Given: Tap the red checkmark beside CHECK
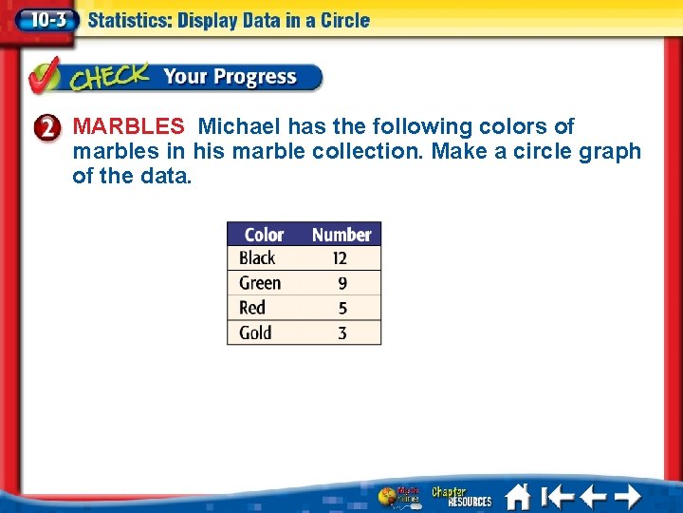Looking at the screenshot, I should [46, 76].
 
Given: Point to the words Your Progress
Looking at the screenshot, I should [230, 77].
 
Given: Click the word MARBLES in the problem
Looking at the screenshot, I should [128, 126].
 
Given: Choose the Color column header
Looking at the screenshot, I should [264, 235].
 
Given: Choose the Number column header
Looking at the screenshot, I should [341, 235].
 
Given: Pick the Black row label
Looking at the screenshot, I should [257, 258].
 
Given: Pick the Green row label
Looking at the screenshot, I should [260, 283].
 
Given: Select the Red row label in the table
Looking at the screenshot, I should [252, 308].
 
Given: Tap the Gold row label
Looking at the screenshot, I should [255, 332].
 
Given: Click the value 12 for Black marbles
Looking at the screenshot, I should [341, 258].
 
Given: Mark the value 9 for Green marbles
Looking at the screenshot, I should [342, 283].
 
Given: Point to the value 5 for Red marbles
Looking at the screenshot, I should [342, 308].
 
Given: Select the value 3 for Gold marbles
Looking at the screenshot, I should [342, 332].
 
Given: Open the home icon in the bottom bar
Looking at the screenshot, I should [517, 497].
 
